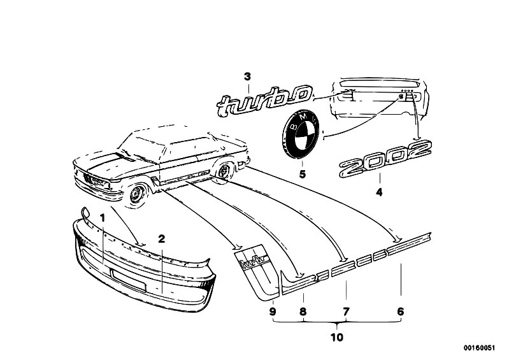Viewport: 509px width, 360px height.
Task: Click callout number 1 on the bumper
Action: pos(103,218)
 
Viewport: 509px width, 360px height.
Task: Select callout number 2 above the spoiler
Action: pos(161,239)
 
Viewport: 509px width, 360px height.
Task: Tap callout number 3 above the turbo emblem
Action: pos(248,77)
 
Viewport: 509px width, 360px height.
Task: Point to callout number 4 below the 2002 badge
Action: pos(379,192)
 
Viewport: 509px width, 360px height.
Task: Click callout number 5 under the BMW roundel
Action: pos(302,175)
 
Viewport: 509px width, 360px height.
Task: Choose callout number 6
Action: pos(401,312)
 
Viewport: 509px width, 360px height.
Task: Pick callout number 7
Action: pos(346,312)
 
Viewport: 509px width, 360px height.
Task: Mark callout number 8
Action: pos(303,312)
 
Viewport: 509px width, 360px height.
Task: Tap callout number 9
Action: pos(273,312)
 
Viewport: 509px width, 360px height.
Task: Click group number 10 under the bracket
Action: pos(337,338)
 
